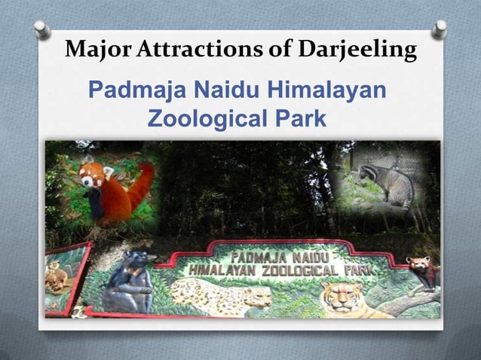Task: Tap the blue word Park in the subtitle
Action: click(295, 119)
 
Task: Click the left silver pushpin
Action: click(42, 30)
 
